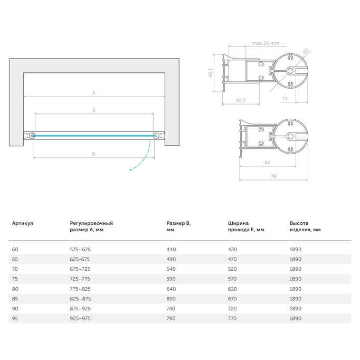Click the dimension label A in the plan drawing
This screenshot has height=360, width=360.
click(x=93, y=93)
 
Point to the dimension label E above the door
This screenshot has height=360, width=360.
click(x=94, y=110)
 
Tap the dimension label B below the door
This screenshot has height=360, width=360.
click(x=93, y=154)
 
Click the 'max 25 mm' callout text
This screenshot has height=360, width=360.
click(x=266, y=43)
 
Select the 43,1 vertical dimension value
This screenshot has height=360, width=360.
click(x=211, y=73)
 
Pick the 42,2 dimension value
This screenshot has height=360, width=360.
click(x=241, y=100)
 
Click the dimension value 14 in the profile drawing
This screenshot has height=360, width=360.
click(x=285, y=99)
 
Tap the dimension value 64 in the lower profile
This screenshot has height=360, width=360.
click(x=268, y=163)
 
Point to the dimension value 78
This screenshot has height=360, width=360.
click(x=273, y=176)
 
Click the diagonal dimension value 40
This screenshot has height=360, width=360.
click(x=305, y=51)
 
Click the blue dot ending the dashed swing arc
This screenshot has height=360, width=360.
click(x=130, y=170)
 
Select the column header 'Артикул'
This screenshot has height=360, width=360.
click(x=23, y=223)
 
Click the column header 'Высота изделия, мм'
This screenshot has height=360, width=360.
click(x=305, y=226)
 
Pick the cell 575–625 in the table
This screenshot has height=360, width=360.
click(x=80, y=249)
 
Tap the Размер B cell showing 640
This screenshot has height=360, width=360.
click(x=171, y=289)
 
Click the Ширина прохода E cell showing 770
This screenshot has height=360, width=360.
click(x=232, y=318)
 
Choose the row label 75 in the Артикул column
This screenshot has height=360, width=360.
click(x=15, y=279)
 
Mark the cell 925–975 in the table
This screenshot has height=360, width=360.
click(x=80, y=318)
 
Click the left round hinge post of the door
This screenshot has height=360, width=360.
click(x=32, y=136)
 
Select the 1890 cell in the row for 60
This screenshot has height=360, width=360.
click(x=295, y=249)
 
